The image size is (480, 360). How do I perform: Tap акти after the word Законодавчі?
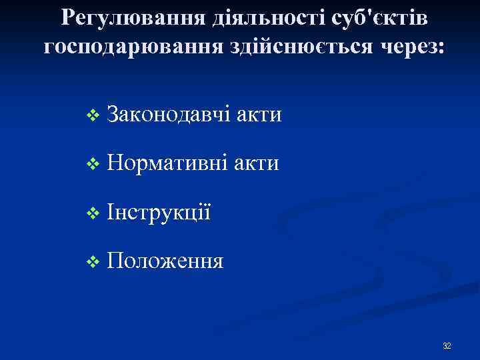pyautogui.click(x=258, y=115)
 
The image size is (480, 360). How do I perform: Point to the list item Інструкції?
pyautogui.click(x=158, y=212)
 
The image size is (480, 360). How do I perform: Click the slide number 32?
pyautogui.click(x=447, y=346)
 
